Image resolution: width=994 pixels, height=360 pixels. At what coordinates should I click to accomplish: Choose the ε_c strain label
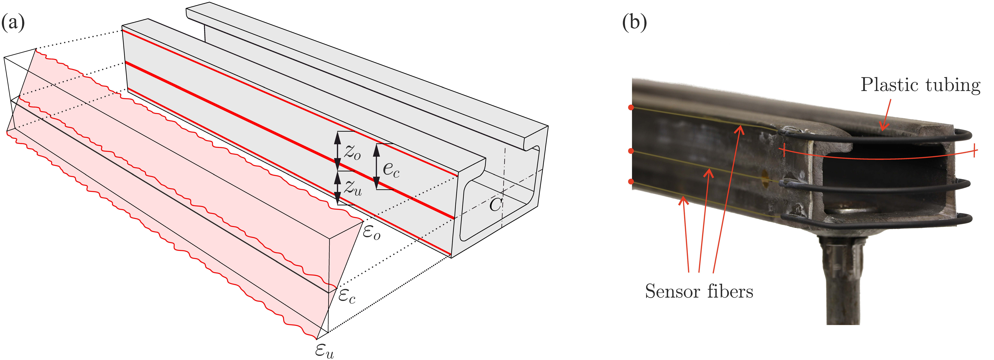click(347, 296)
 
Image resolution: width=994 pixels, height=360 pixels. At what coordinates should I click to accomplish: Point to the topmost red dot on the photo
click(630, 108)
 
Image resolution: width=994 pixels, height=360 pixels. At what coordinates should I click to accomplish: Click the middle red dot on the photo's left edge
click(630, 151)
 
